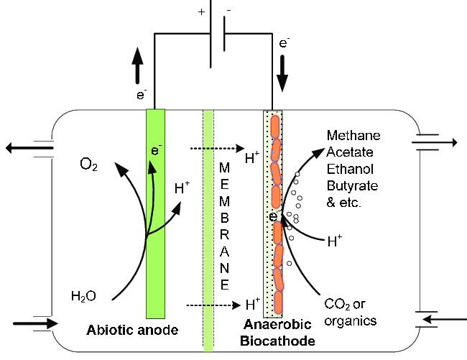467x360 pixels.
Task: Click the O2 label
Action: click(x=88, y=168)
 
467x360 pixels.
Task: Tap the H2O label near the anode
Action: click(x=84, y=295)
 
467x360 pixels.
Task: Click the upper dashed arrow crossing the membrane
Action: click(x=215, y=149)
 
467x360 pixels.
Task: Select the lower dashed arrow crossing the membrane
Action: click(x=215, y=305)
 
